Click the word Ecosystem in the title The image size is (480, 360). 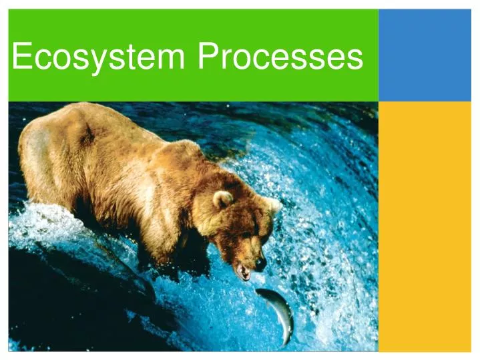coord(99,56)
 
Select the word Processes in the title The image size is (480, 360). coord(280,56)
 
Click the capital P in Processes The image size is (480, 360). coord(208,56)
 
